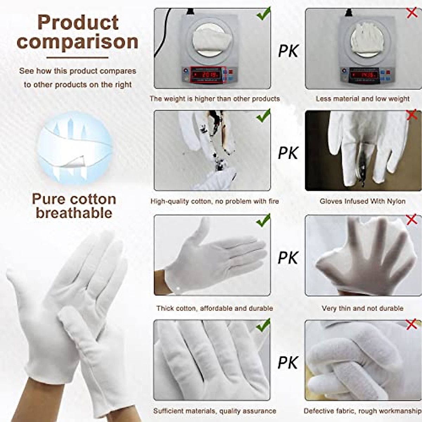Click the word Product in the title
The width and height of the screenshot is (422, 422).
pyautogui.click(x=78, y=23)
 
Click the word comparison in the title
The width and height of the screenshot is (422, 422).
pyautogui.click(x=77, y=42)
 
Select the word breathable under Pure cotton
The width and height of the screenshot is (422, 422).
pyautogui.click(x=74, y=213)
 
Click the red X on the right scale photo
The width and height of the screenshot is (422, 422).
pyautogui.click(x=412, y=13)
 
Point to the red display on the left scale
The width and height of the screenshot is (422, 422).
pyautogui.click(x=206, y=75)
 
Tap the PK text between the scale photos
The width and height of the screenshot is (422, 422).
pyautogui.click(x=288, y=51)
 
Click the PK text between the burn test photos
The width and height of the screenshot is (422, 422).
pyautogui.click(x=288, y=153)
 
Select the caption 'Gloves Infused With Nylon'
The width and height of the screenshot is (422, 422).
pyautogui.click(x=363, y=202)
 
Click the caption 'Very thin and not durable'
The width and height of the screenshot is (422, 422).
pyautogui.click(x=362, y=308)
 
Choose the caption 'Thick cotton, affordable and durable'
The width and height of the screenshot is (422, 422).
pyautogui.click(x=215, y=308)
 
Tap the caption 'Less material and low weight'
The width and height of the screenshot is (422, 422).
pyautogui.click(x=363, y=99)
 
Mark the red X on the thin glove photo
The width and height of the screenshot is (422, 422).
pyautogui.click(x=411, y=220)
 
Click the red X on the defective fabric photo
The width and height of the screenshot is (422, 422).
pyautogui.click(x=411, y=324)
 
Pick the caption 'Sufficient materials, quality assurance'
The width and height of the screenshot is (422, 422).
pyautogui.click(x=215, y=411)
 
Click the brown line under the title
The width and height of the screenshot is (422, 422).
pyautogui.click(x=77, y=57)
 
